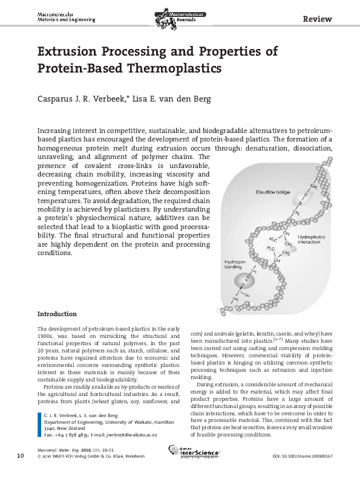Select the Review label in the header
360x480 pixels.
(318, 19)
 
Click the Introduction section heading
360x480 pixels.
(57, 314)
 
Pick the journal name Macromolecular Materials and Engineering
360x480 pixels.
(66, 16)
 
